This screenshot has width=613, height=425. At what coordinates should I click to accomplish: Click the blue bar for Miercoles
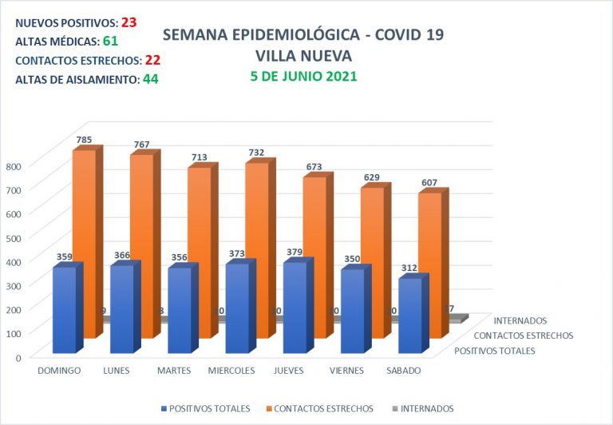pos(237,308)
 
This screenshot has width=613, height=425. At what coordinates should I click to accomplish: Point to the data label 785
pos(84,139)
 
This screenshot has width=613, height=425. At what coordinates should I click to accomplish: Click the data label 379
pos(295,252)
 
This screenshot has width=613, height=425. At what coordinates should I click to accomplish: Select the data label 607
pos(429,182)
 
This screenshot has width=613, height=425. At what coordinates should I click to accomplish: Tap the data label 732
pos(256,153)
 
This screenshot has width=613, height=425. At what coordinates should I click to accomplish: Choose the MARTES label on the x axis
pos(173,371)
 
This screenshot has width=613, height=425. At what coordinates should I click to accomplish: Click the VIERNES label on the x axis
pos(346,371)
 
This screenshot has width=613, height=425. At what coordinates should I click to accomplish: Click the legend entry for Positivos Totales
pos(205,408)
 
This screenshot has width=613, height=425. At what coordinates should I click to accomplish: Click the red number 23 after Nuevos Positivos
pos(129,22)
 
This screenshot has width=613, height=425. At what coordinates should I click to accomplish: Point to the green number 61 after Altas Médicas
pos(110,41)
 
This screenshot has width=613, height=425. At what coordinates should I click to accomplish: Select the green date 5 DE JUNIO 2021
pos(303,77)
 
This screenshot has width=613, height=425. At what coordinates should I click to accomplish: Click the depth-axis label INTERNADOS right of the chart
pos(520,322)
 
